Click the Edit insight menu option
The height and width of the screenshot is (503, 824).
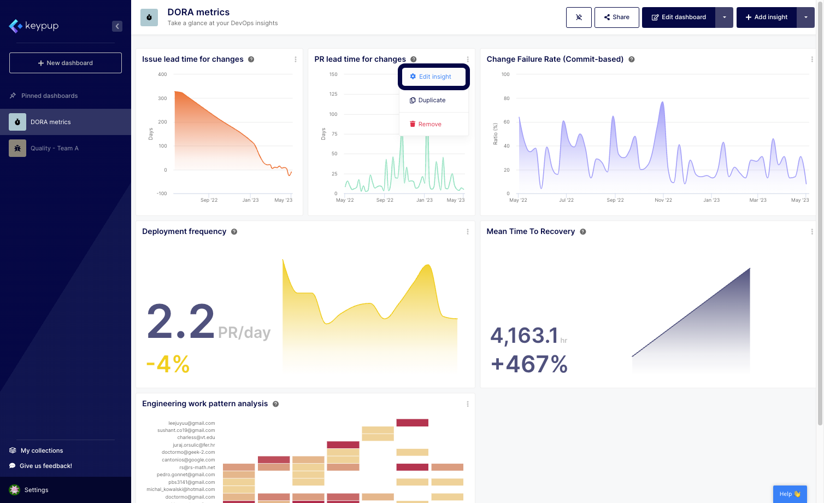point(434,77)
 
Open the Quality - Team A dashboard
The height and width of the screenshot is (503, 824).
point(54,148)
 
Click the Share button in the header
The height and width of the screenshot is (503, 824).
point(616,17)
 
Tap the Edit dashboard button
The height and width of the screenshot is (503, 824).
point(679,17)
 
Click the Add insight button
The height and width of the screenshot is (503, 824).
point(766,17)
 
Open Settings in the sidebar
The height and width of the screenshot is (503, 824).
point(36,490)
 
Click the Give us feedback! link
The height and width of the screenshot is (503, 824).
point(45,466)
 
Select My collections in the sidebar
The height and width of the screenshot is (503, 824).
point(42,451)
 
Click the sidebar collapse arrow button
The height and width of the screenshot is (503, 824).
point(117,26)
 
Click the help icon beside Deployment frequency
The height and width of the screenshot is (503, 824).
point(234,232)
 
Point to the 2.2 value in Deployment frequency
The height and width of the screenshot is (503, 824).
point(181,322)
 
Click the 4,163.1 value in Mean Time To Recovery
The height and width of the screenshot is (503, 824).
point(524,336)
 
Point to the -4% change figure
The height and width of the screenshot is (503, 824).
point(168,364)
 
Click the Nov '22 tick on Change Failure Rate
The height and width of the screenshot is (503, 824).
point(663,200)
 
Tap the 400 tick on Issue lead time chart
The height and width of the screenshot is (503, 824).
point(162,74)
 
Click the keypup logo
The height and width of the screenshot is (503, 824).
point(34,26)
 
